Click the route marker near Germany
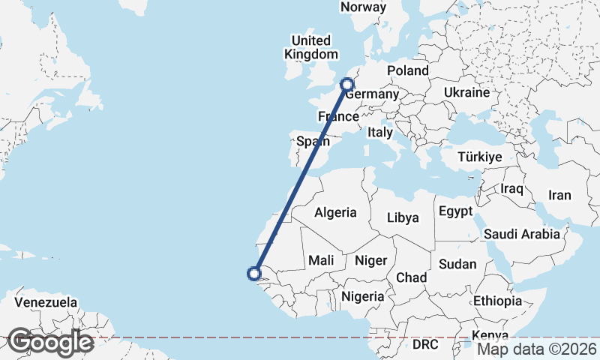point(347,85)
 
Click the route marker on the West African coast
point(255,274)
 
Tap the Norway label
point(363,7)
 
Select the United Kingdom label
point(310,47)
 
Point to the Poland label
point(407,71)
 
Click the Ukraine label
point(466,92)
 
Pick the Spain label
point(312,141)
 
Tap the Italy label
point(380,133)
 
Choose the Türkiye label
point(481,157)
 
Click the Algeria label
point(335,213)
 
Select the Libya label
point(403,218)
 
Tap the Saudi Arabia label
point(522,234)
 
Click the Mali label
point(321,260)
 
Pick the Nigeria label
point(363,296)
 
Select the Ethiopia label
point(497,301)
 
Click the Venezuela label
point(46,302)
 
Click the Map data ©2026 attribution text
point(537,349)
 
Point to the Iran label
point(559,196)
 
